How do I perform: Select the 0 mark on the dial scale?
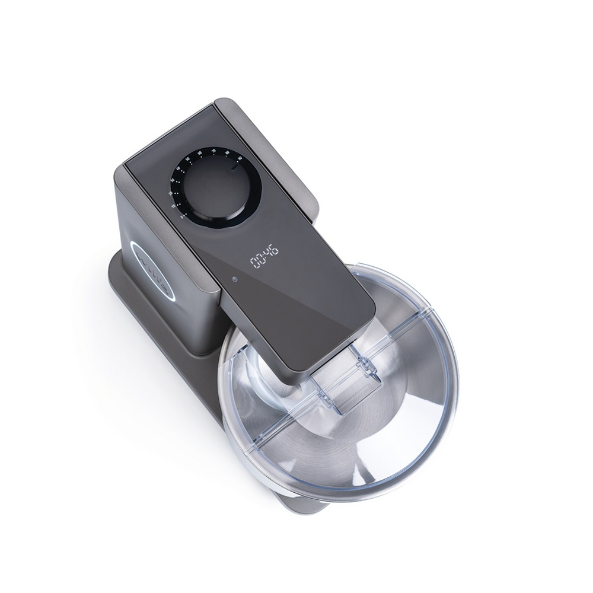point(181,216)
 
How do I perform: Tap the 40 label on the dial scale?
point(177,168)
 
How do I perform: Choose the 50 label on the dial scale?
point(188,159)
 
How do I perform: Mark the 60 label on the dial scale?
point(200,153)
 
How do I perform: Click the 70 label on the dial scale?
point(213,151)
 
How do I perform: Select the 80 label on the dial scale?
point(227,154)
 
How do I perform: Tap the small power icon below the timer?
point(235,279)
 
